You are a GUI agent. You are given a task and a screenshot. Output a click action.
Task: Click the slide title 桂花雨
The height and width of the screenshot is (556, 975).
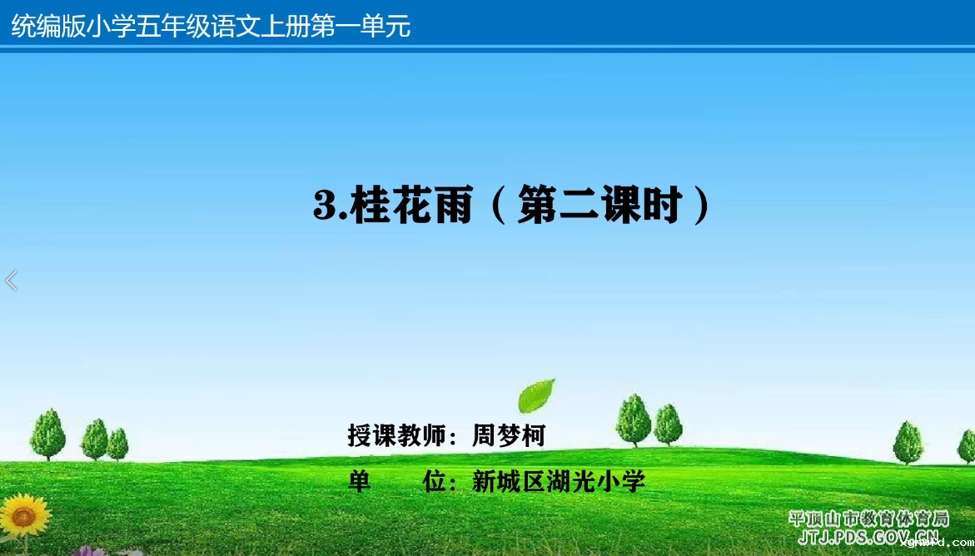(x=411, y=206)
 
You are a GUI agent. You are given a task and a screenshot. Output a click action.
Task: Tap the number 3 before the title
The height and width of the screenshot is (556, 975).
(x=326, y=206)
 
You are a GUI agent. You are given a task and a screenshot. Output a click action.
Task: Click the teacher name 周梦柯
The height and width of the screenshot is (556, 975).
(x=509, y=435)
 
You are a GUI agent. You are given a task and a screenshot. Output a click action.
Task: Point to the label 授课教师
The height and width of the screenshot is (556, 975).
(x=396, y=435)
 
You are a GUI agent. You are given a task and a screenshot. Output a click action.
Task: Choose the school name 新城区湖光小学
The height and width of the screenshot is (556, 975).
(x=559, y=481)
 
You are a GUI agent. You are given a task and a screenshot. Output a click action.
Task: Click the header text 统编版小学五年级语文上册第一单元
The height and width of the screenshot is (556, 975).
(x=211, y=26)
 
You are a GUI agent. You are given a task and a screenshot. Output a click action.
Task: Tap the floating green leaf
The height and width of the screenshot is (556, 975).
(x=536, y=395)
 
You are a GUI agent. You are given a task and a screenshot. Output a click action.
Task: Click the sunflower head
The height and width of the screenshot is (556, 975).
(x=24, y=515)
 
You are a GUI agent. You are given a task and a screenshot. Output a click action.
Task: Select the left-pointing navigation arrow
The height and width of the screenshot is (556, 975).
(x=11, y=280)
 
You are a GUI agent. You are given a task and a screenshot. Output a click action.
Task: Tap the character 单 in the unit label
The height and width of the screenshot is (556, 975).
(x=360, y=481)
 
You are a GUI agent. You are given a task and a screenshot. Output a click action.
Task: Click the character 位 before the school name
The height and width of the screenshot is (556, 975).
(x=435, y=481)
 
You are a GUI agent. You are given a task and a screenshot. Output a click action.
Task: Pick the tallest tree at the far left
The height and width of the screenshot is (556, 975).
(x=48, y=434)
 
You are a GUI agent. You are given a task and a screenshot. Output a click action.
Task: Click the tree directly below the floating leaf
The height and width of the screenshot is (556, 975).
(x=633, y=419)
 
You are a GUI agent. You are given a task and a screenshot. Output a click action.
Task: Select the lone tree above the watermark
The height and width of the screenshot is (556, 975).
(x=908, y=442)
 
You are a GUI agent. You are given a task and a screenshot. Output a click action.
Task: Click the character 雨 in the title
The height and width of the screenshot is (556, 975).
(x=453, y=206)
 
